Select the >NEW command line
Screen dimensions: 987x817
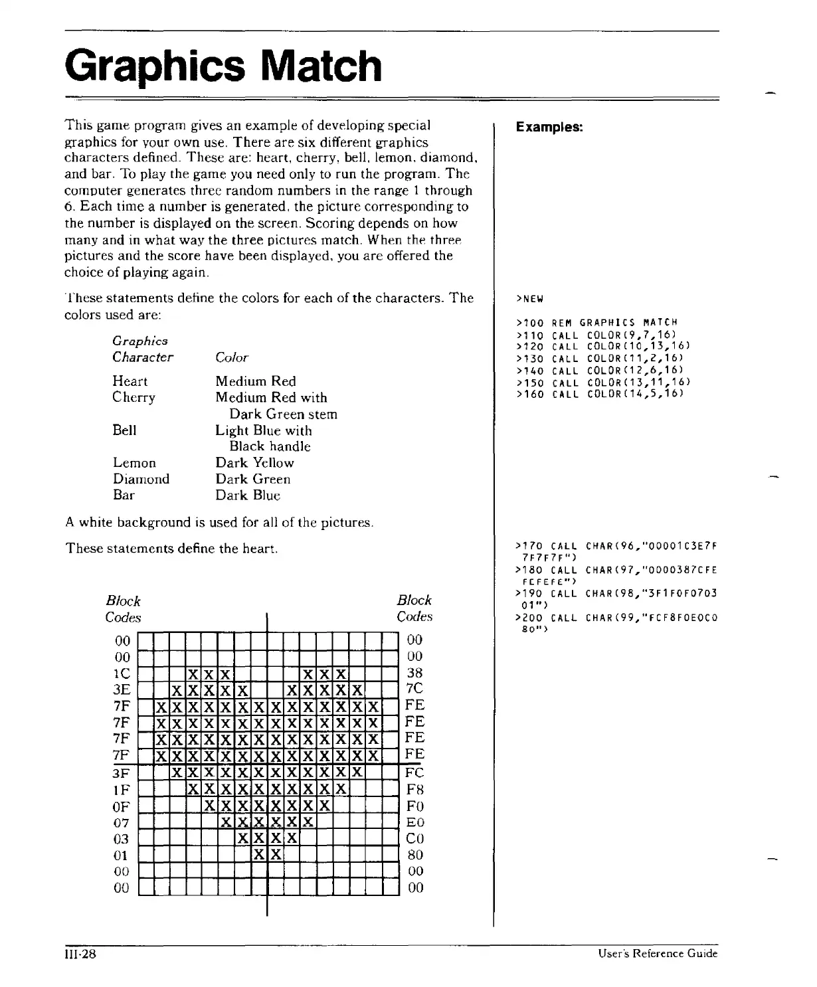529,298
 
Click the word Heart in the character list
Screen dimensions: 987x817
130,381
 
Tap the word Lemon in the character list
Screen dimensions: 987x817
134,463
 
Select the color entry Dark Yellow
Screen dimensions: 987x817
254,463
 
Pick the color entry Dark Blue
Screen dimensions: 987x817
248,495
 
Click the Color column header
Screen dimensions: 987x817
232,357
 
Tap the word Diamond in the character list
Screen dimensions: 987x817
141,479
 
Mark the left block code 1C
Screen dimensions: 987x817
122,673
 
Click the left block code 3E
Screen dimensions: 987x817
122,689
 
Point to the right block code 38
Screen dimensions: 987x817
414,673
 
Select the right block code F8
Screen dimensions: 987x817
414,790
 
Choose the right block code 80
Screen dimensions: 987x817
414,855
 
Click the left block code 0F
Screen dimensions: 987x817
122,806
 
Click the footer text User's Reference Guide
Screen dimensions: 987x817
658,954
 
